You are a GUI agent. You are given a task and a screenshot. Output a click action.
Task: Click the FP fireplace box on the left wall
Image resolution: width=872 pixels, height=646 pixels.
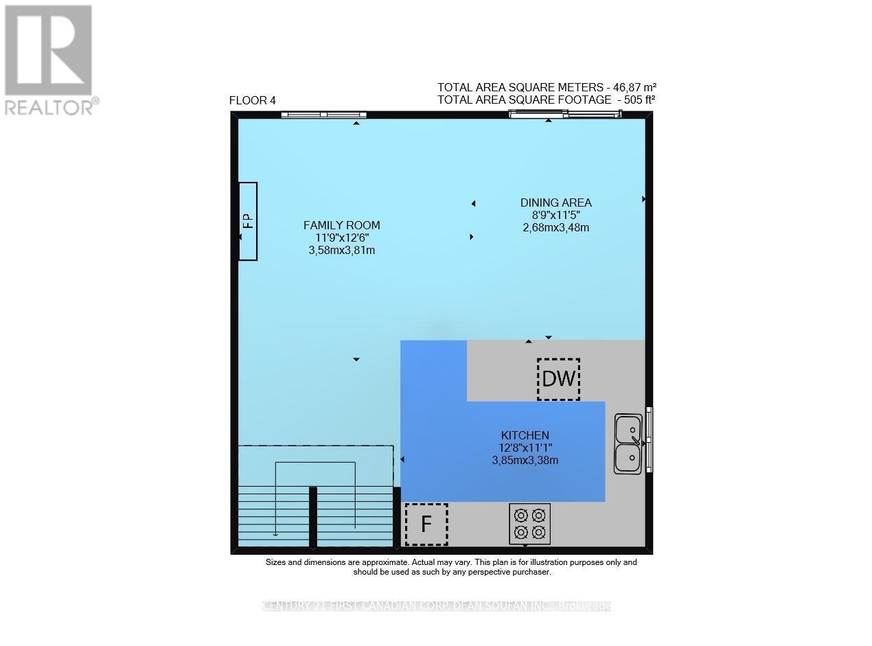point(248,221)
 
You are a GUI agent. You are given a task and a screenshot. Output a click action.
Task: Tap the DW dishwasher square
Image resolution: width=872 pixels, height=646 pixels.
point(558,379)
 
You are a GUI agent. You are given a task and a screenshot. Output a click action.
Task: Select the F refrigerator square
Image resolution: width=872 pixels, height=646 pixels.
point(426,524)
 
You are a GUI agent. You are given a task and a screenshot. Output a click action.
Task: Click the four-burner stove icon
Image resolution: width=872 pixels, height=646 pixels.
point(529,524)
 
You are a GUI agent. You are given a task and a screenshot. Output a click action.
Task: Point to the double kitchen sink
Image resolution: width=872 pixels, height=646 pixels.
point(628,443)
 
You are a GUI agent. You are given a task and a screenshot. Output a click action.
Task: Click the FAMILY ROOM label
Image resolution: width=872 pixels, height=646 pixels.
point(341,225)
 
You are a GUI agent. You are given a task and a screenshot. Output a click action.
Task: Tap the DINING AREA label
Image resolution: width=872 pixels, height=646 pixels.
point(555,203)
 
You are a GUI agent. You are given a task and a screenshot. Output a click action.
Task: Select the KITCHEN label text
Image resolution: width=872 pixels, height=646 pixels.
point(525,435)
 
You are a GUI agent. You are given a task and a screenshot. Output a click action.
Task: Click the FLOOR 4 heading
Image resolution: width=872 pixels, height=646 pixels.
point(252,101)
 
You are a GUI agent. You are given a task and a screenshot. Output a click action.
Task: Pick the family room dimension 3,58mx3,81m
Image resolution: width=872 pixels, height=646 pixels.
point(341,251)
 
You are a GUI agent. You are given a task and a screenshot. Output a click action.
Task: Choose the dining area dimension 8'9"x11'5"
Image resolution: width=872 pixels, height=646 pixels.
point(555,215)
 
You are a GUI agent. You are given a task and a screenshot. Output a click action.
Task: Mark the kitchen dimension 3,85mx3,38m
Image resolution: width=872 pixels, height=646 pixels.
point(525,461)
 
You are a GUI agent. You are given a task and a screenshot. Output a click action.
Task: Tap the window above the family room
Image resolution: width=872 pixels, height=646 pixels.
point(323,115)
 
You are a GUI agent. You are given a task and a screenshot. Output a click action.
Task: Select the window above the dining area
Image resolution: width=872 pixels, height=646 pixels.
point(565,114)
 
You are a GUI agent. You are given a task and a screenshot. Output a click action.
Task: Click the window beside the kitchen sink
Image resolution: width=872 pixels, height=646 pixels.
point(650,439)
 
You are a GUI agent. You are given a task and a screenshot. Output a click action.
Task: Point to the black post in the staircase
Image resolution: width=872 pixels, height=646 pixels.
point(313,516)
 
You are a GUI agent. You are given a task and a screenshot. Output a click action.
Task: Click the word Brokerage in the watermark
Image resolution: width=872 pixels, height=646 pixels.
point(584,606)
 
